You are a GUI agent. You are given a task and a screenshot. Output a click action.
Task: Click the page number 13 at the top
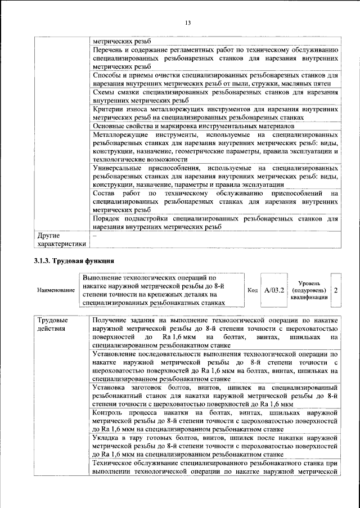188,23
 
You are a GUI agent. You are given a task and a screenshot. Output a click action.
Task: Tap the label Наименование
56,291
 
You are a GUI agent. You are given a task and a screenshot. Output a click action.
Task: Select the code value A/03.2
274,290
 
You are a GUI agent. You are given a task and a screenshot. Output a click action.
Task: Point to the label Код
253,290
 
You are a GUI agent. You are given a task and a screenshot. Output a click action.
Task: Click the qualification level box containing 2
336,290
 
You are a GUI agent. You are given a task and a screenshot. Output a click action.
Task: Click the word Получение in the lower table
112,320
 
